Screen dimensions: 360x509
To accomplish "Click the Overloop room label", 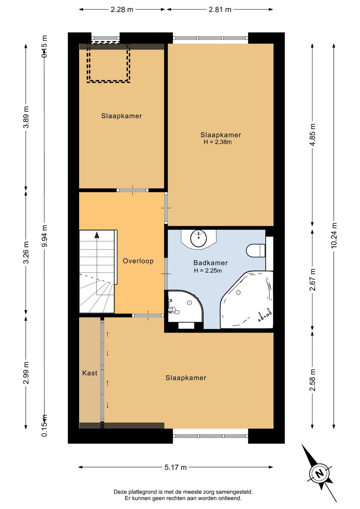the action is click(x=138, y=261).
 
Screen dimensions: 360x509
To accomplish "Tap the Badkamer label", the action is click(x=210, y=263).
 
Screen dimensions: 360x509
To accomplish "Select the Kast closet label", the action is click(x=90, y=373).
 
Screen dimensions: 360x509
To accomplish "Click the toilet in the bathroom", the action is click(x=256, y=250).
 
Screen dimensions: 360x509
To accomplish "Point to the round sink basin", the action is click(x=199, y=238).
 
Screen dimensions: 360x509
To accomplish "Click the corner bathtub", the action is click(x=246, y=300).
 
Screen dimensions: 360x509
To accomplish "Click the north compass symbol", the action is click(x=319, y=474).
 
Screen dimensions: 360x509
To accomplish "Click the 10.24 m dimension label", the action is click(x=334, y=235).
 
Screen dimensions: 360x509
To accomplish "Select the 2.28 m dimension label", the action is click(x=122, y=10).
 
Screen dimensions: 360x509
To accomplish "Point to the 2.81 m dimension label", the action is click(x=220, y=10).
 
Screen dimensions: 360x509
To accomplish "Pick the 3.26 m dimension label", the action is click(x=26, y=252).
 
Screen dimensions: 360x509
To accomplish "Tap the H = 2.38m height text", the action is click(x=218, y=142).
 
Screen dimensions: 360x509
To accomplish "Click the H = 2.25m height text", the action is click(x=208, y=271).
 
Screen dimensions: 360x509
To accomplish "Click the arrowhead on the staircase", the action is click(x=97, y=235).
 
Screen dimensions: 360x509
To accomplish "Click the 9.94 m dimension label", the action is click(x=45, y=235).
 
